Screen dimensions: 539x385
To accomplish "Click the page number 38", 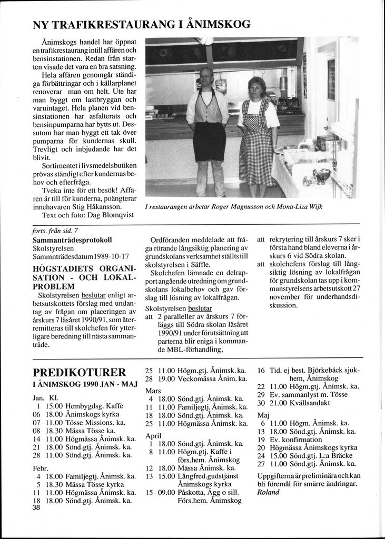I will (36, 507).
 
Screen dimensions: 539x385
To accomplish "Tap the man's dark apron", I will (209, 140).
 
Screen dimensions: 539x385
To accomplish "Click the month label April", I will (153, 436).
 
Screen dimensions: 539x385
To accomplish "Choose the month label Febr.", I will (41, 468).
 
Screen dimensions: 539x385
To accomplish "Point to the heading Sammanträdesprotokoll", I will (72, 240).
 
